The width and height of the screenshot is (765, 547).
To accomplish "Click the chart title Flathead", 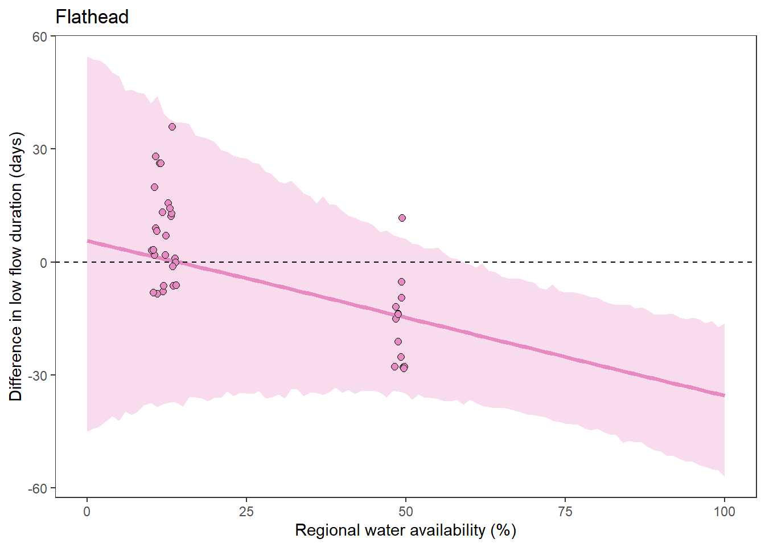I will pyautogui.click(x=92, y=17).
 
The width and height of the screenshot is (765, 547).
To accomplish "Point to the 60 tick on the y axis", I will pyautogui.click(x=40, y=36).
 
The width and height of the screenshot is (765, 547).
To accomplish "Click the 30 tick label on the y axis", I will pyautogui.click(x=40, y=149).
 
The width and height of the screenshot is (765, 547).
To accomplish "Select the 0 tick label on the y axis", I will pyautogui.click(x=43, y=263).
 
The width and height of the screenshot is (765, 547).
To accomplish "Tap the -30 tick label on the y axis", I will pyautogui.click(x=38, y=375).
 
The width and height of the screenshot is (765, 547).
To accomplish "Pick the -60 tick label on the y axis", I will pyautogui.click(x=38, y=488).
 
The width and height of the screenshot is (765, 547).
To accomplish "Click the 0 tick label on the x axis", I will pyautogui.click(x=87, y=512).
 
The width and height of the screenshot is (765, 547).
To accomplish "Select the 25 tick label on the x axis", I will pyautogui.click(x=246, y=512).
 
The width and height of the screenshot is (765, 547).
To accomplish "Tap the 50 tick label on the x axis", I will pyautogui.click(x=405, y=512).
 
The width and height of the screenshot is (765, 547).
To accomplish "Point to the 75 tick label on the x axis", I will pyautogui.click(x=565, y=512).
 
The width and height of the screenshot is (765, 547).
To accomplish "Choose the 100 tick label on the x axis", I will pyautogui.click(x=724, y=512).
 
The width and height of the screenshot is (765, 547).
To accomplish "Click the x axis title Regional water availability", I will pyautogui.click(x=405, y=530).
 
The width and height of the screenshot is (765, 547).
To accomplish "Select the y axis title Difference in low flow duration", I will pyautogui.click(x=16, y=267).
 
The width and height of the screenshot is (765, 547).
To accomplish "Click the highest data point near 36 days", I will pyautogui.click(x=172, y=127).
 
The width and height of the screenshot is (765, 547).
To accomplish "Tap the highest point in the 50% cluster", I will pyautogui.click(x=402, y=218).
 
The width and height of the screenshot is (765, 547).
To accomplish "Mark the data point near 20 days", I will pyautogui.click(x=154, y=187).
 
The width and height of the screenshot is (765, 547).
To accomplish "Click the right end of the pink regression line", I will pyautogui.click(x=723, y=395).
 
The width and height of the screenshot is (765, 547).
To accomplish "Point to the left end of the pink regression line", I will pyautogui.click(x=88, y=241).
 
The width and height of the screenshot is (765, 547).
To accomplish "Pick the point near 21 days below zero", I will pyautogui.click(x=398, y=341).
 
